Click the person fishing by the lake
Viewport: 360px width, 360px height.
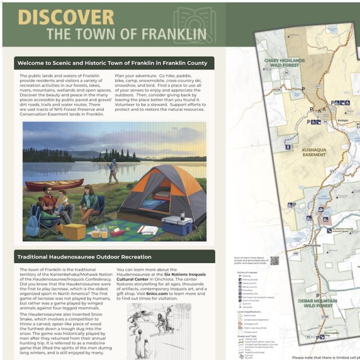(x=112, y=170)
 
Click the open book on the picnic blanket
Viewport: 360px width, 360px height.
(x=147, y=229)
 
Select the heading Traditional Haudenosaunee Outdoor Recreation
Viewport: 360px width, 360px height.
(x=84, y=257)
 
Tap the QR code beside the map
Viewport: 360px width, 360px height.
(x=274, y=260)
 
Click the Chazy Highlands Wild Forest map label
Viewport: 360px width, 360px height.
(x=284, y=61)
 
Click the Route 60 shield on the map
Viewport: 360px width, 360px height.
(x=296, y=253)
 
